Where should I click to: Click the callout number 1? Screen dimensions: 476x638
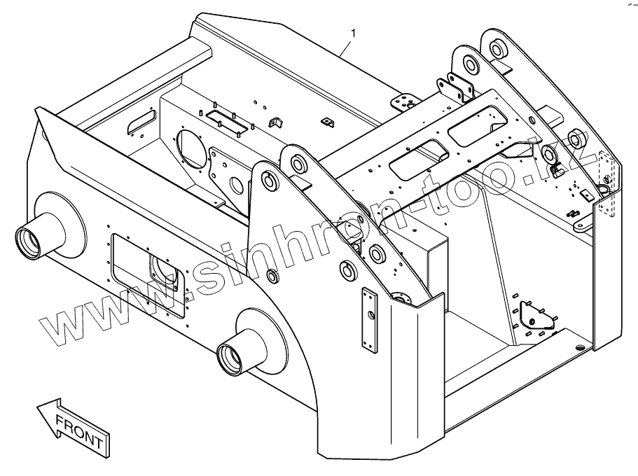pos(354,32)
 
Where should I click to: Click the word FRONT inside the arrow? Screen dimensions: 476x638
pos(79,430)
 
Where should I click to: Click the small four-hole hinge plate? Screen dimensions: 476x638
pos(404,103)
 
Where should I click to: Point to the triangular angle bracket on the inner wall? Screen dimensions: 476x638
pos(275,122)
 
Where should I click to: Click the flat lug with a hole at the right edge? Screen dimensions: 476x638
pos(582,225)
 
